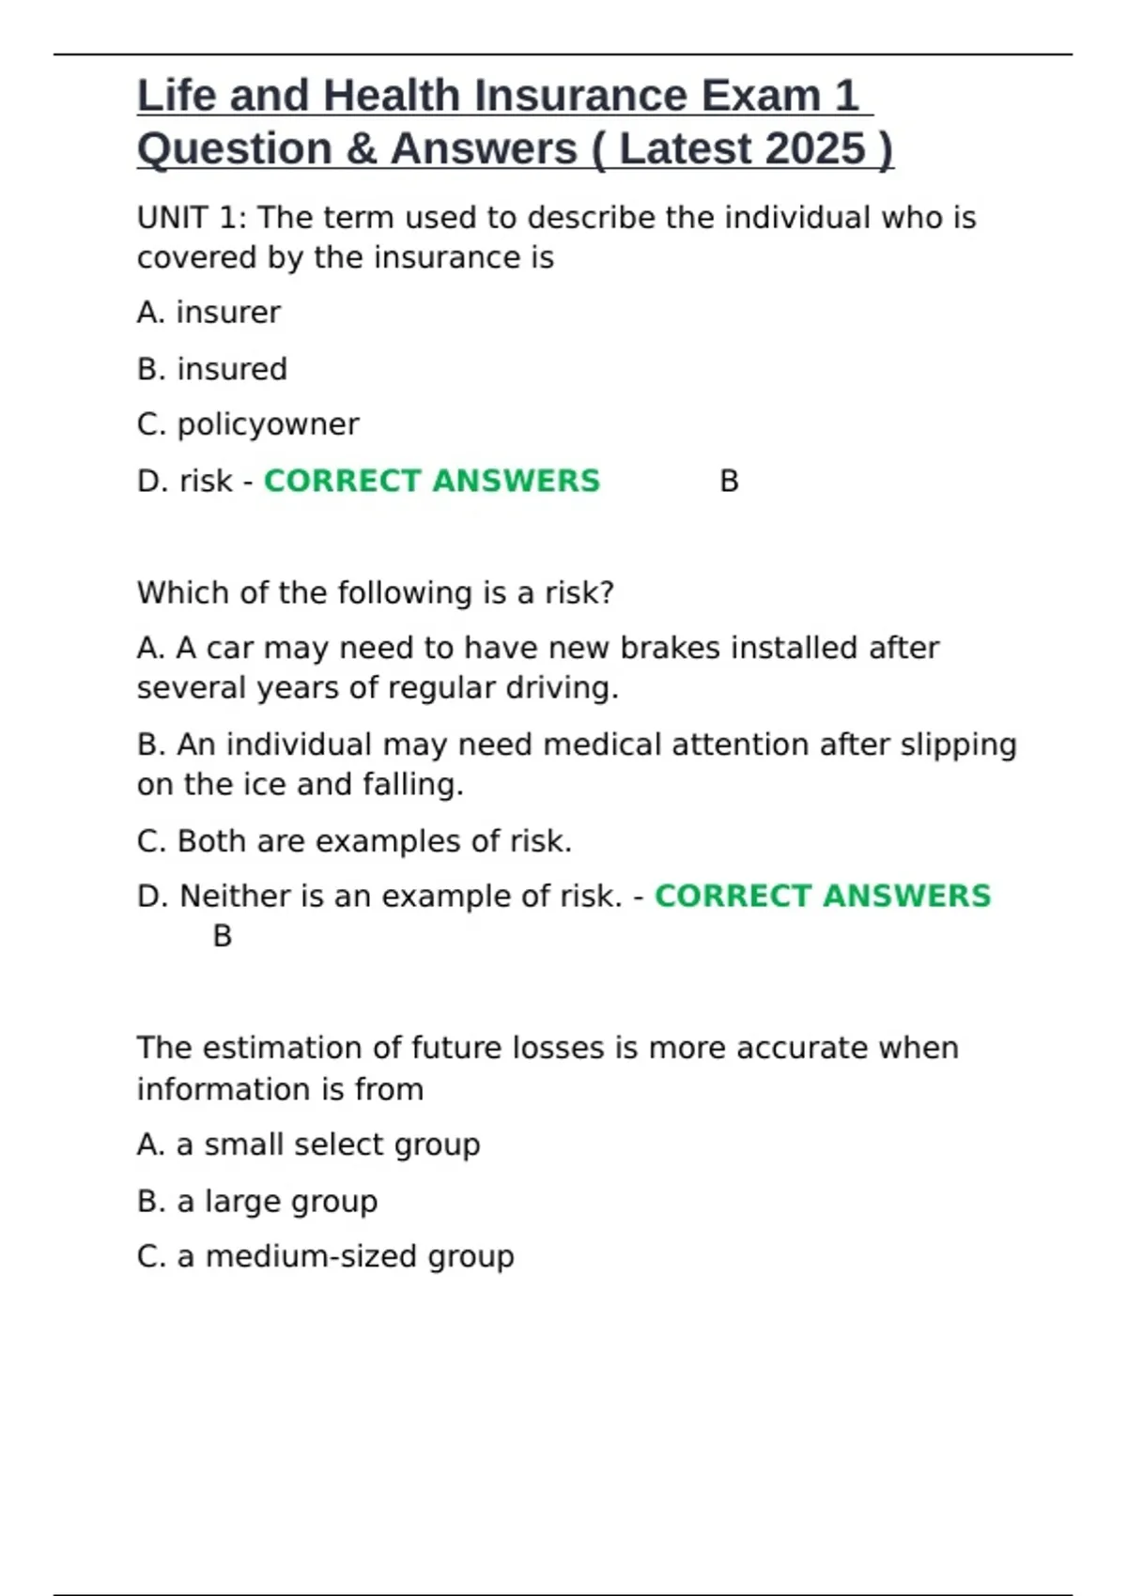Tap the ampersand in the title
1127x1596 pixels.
(360, 148)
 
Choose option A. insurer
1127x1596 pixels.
(208, 313)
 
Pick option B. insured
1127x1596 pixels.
(212, 369)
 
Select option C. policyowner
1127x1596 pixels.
(248, 424)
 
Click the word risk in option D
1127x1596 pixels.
(206, 481)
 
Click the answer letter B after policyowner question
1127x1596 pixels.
(729, 482)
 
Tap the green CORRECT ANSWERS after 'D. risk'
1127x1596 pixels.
(431, 481)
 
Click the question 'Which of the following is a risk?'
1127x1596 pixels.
(375, 592)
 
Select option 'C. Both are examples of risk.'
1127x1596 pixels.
(354, 840)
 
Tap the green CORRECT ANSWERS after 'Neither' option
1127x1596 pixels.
(822, 896)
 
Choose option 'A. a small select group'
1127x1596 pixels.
(308, 1144)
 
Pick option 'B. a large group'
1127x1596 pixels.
(257, 1201)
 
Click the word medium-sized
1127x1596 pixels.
(311, 1256)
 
